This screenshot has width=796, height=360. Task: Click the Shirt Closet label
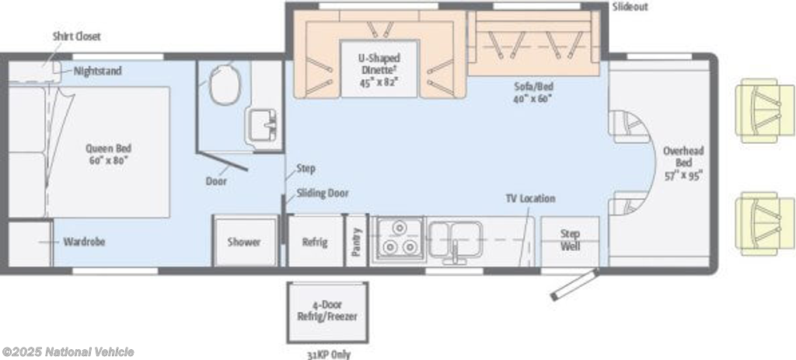(x=77, y=36)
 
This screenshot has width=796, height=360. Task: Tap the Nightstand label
(x=98, y=71)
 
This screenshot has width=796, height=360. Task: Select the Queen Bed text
(x=108, y=154)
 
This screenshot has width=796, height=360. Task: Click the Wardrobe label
(x=84, y=242)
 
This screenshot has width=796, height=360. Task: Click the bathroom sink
(x=262, y=125)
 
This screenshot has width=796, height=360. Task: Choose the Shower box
(x=244, y=242)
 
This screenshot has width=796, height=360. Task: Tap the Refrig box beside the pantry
(x=315, y=242)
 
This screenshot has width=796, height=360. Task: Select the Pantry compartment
(x=357, y=241)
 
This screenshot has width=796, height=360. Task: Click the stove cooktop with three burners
(x=398, y=238)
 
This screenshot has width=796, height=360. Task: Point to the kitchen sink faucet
(x=456, y=250)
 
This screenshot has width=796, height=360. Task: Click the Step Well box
(x=570, y=240)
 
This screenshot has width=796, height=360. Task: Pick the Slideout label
(x=630, y=7)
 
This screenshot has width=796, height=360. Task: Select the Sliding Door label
(x=323, y=193)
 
